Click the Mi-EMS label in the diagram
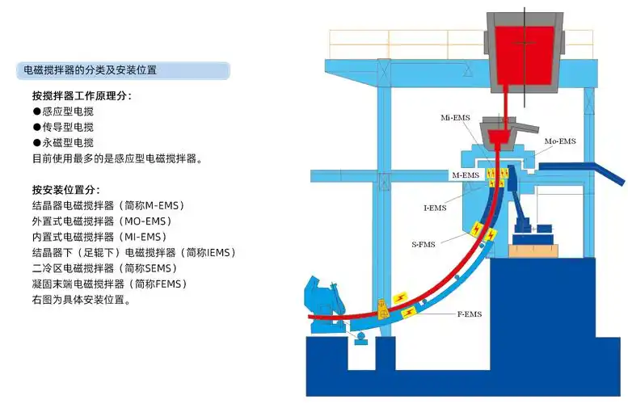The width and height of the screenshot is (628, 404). point(455,118)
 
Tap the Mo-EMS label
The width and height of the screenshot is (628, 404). point(559,141)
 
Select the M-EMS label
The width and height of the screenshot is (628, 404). point(466,175)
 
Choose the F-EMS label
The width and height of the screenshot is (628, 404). point(468,314)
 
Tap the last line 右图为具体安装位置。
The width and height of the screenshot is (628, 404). point(82,299)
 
